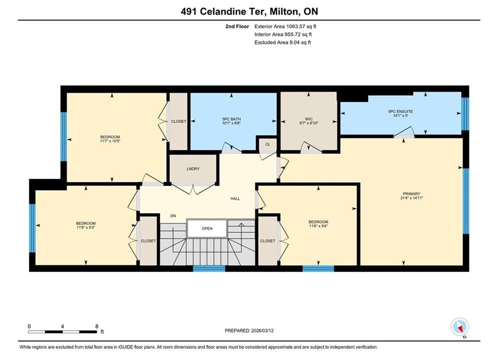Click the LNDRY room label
point(193,168)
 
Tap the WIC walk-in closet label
point(309,119)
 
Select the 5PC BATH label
point(232,119)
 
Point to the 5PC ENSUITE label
point(400,111)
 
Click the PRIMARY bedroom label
point(411,194)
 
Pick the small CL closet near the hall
point(268,144)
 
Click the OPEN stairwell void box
point(207,228)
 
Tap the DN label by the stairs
point(173,216)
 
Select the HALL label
point(235,198)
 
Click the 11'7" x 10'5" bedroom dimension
point(110,141)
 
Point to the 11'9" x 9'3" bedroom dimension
point(86,227)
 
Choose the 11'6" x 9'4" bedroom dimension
point(318,226)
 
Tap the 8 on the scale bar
point(97,326)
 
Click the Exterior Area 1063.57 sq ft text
point(285,26)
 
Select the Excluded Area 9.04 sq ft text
point(283,42)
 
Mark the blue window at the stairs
point(209,268)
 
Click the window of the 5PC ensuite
point(465,113)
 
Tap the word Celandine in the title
point(224,11)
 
